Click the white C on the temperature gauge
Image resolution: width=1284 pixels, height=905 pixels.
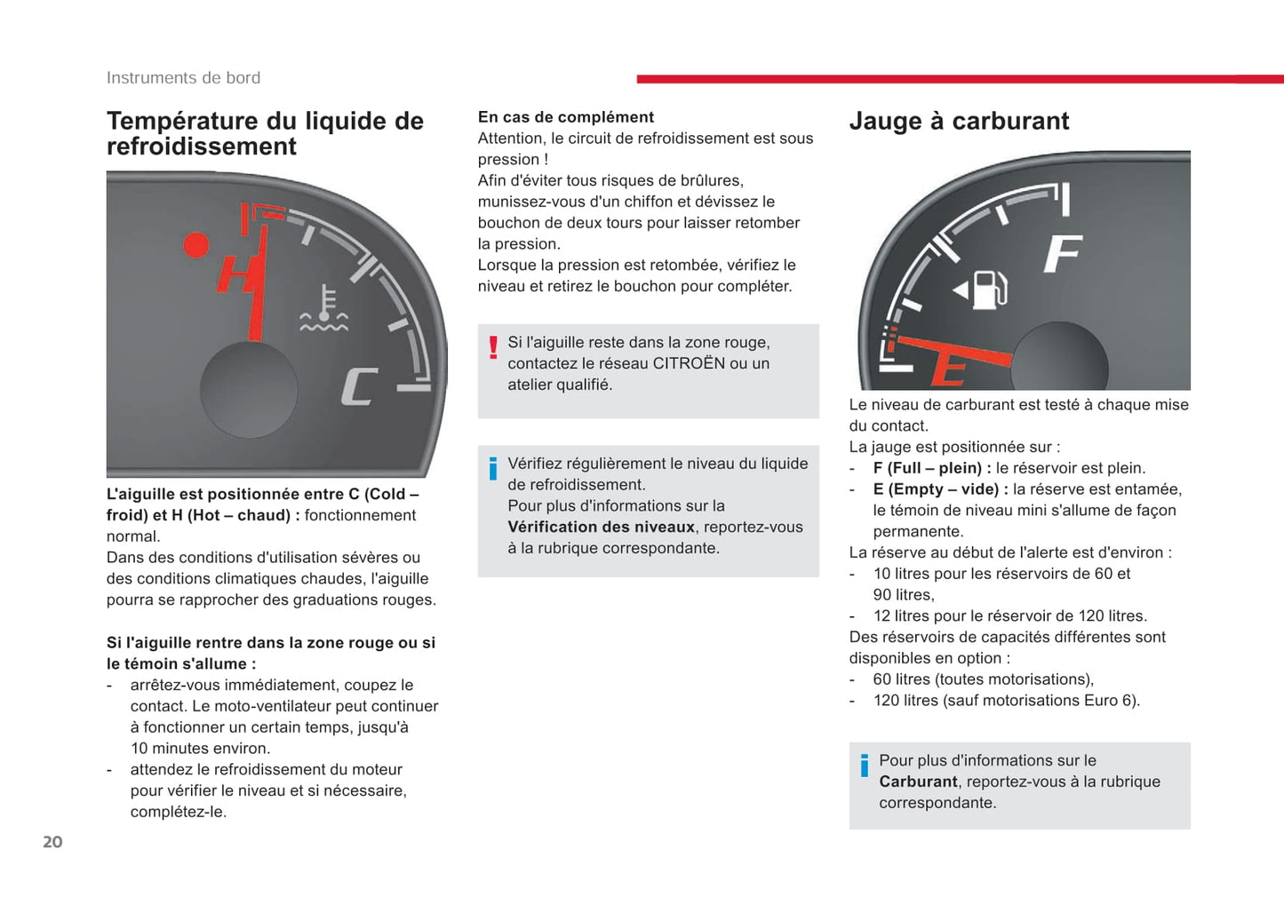point(359,387)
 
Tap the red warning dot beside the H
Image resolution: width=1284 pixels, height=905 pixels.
point(195,245)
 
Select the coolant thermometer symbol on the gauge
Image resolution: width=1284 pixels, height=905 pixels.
point(324,310)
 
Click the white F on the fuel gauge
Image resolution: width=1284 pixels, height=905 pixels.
point(1062,254)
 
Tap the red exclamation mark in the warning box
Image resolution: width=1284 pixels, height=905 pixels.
point(493,347)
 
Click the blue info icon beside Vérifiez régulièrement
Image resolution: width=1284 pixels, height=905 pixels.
point(493,468)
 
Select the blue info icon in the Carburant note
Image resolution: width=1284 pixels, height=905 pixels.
point(864,766)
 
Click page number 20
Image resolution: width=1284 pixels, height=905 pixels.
point(52,842)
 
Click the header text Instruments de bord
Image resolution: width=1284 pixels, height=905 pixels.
point(183,78)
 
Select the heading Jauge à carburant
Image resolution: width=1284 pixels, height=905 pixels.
point(959,121)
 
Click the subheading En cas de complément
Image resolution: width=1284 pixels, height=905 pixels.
point(565,117)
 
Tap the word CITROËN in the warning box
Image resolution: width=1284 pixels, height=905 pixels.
point(689,363)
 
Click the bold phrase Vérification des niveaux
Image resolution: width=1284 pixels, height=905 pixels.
point(601,527)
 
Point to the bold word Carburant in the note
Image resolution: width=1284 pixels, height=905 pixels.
point(918,782)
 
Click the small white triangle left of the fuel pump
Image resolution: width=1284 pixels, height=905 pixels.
point(960,290)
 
